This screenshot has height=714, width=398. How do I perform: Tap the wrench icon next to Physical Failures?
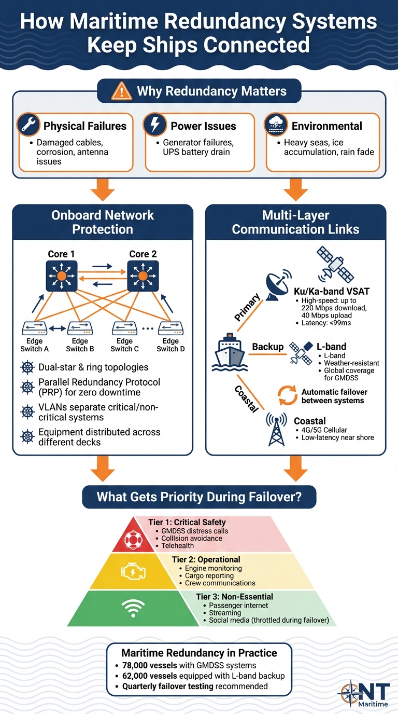click(28, 126)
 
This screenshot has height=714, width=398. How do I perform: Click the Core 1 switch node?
click(61, 276)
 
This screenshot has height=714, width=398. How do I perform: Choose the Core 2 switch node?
click(143, 276)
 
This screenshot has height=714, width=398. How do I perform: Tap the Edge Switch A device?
click(35, 328)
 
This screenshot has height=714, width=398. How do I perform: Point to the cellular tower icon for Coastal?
click(276, 429)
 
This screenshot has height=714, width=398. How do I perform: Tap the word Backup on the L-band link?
click(268, 347)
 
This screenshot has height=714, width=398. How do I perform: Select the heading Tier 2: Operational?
click(206, 559)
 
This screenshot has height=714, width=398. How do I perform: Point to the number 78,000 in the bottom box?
click(136, 666)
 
